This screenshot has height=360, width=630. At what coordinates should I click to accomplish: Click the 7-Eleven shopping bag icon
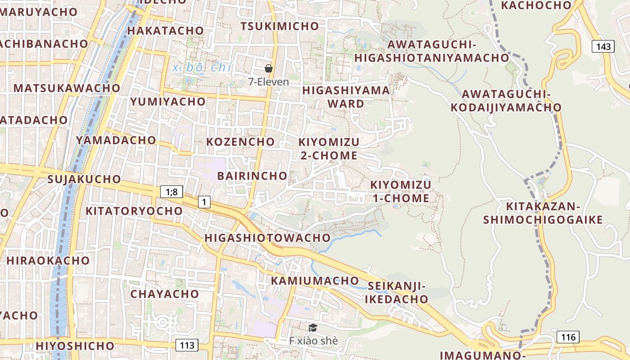point(269,68)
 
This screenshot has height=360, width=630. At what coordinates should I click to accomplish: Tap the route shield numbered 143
point(603,46)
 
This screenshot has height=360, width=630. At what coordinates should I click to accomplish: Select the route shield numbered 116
point(568,337)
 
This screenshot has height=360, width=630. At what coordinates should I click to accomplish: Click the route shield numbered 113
point(186,345)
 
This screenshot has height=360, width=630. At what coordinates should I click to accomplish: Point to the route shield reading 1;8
point(171,192)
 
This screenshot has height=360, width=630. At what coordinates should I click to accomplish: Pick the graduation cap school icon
point(313,328)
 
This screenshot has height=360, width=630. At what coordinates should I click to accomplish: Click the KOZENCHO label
point(240,142)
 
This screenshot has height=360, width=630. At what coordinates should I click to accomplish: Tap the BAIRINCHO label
point(252,175)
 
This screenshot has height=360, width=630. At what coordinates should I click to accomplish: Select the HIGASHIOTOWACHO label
point(267,238)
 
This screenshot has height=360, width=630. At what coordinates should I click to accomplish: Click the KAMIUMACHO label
point(315,281)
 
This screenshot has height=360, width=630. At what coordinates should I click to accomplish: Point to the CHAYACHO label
point(165,294)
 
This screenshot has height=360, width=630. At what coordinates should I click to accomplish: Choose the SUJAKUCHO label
point(84,179)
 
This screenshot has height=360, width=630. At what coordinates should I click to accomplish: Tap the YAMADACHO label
point(116,140)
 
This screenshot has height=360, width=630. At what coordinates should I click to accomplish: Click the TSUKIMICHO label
point(279,26)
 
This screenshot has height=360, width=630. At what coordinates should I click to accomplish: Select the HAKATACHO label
point(166,31)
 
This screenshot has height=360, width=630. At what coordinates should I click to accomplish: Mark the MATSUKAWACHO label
point(67,88)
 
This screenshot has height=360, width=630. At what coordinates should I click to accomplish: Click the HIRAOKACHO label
point(48,261)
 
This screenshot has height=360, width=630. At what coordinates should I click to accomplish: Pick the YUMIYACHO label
point(168,102)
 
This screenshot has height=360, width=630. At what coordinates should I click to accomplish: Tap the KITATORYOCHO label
point(134,211)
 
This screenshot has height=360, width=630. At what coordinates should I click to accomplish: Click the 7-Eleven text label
point(269,82)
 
